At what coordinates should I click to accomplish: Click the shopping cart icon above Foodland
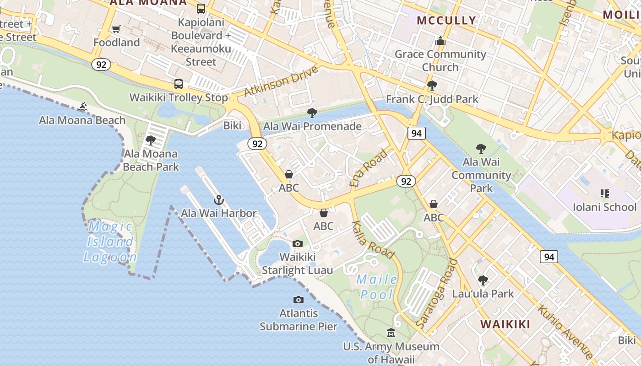116,29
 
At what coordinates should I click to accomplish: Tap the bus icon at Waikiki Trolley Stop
179,84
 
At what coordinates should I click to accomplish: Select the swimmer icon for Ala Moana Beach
82,107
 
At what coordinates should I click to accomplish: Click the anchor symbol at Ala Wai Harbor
219,200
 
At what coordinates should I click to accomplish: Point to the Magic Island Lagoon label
110,242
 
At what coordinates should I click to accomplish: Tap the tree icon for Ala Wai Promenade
312,113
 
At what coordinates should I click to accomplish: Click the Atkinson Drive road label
281,81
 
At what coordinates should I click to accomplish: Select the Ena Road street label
368,167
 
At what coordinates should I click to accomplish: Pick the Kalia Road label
373,239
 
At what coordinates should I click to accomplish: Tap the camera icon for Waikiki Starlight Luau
298,243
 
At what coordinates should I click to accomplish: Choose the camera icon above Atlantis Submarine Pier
299,300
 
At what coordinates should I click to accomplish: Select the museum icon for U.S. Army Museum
391,333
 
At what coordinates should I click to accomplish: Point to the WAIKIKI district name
505,324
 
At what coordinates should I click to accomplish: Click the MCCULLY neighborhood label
446,20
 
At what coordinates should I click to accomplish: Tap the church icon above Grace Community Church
440,41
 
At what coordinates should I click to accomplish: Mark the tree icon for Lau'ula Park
483,280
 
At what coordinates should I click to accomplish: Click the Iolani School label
604,207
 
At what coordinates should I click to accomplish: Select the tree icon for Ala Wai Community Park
481,148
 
